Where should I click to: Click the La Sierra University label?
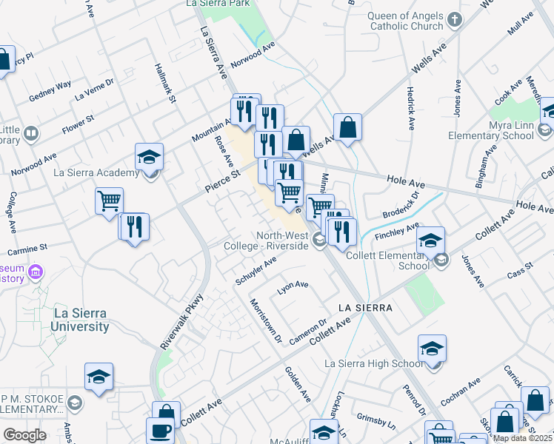tap(81, 320)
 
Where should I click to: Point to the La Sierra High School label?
tap(375, 363)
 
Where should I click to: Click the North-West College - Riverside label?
tap(281, 240)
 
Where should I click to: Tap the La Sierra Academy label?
tap(96, 173)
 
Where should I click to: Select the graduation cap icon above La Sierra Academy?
tap(149, 156)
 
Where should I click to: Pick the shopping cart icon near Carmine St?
tap(109, 200)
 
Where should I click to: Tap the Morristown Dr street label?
tap(266, 320)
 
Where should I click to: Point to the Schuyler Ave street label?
tap(256, 271)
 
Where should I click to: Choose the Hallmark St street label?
tap(164, 83)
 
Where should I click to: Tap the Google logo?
tap(24, 435)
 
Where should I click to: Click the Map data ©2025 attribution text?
tap(522, 438)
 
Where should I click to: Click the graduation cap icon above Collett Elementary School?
tap(430, 239)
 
